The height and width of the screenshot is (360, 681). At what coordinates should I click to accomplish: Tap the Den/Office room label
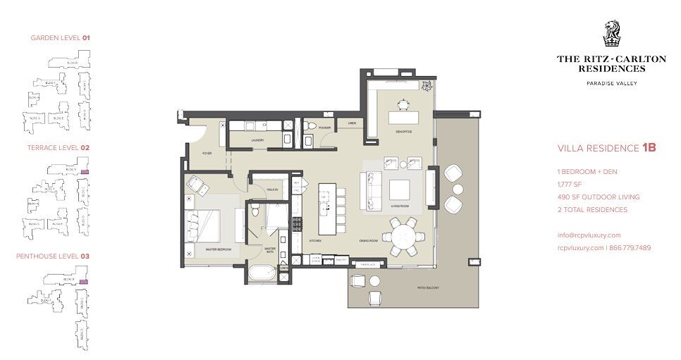[404, 130]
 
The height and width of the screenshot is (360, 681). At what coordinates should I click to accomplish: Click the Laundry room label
[257, 141]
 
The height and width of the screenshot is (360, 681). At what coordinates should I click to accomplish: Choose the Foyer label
[207, 152]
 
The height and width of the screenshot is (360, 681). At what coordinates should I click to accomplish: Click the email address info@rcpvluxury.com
[589, 235]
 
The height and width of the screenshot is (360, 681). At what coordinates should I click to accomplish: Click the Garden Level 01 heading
[60, 37]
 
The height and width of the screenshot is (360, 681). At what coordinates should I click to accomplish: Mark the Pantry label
[340, 259]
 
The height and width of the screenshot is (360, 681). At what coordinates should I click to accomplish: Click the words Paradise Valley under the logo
[611, 84]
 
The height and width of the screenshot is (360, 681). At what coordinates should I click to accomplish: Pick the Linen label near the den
[351, 123]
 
